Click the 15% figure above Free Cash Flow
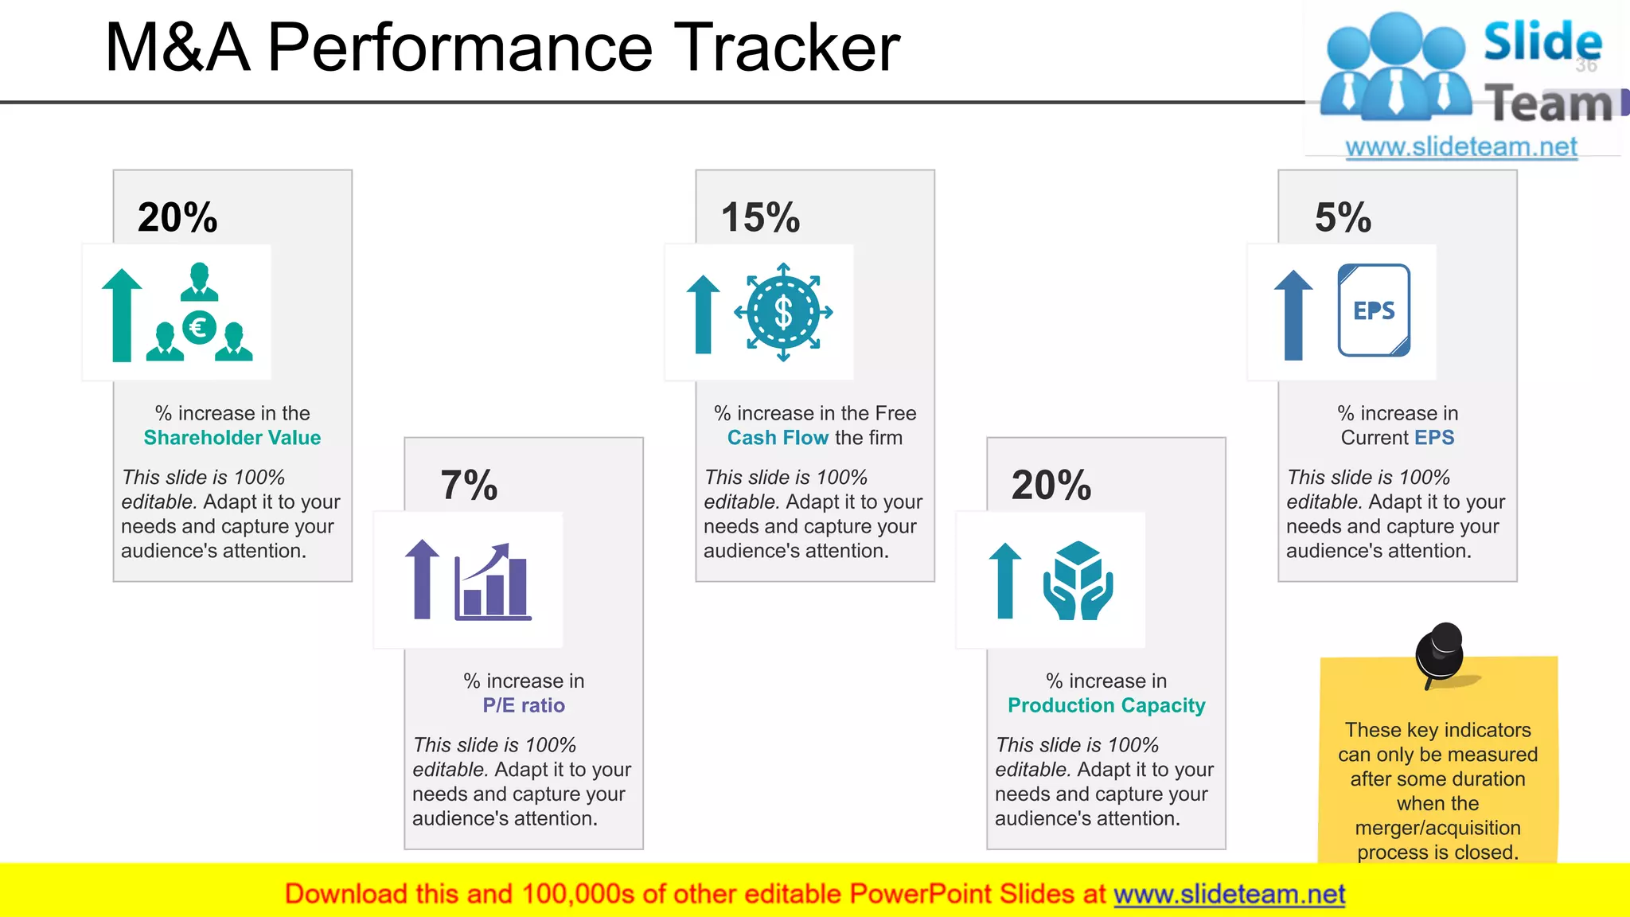point(760,217)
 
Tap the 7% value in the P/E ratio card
point(469,485)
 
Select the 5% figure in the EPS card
point(1343,217)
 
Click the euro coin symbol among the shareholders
point(198,327)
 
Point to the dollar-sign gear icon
point(783,312)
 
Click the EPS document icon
point(1374,310)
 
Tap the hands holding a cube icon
point(1078,581)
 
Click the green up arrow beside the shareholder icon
point(122,315)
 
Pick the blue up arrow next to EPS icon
point(1293,315)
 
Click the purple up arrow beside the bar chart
point(423,579)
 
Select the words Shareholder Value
point(232,438)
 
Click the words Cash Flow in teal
point(778,438)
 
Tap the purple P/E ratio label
point(523,705)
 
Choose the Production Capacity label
point(1106,705)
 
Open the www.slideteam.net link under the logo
point(1460,147)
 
